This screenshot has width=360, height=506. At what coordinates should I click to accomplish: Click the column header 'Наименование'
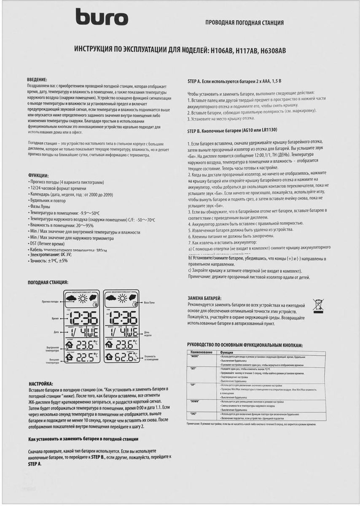pyautogui.click(x=201, y=351)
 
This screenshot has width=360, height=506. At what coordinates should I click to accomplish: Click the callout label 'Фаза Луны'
pyautogui.click(x=152, y=303)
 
